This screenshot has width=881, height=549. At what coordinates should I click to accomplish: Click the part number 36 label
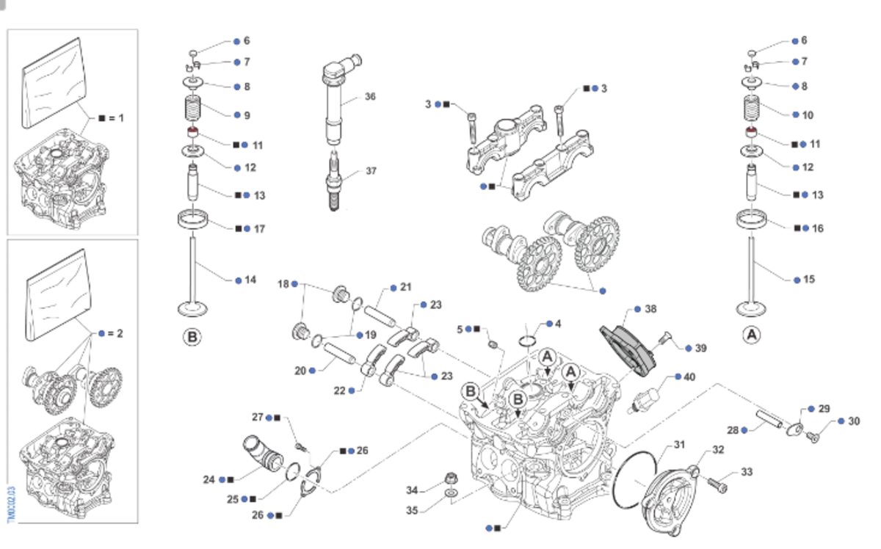370,96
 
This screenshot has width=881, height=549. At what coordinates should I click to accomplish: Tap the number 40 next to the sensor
689,377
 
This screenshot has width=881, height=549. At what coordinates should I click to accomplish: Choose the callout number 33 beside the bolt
747,472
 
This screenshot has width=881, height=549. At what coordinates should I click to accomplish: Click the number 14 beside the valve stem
251,280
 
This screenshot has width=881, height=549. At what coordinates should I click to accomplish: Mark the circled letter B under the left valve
191,337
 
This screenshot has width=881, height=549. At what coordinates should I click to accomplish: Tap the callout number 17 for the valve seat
259,229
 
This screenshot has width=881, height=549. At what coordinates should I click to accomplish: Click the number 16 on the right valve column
818,228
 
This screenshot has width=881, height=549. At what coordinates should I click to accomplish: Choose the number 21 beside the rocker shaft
406,286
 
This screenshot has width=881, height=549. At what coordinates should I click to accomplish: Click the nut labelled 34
449,482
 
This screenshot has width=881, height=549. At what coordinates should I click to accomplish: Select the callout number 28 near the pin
732,430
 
